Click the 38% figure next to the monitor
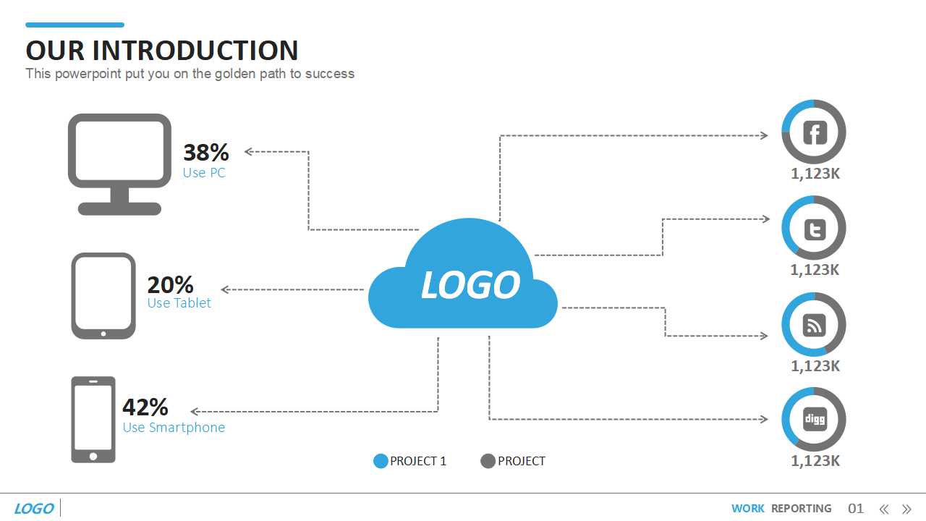click(206, 152)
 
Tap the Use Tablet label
click(179, 302)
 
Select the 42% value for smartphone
click(145, 407)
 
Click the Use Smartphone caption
click(174, 427)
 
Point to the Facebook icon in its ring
click(815, 132)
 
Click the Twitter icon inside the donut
click(815, 229)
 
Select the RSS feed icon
click(814, 325)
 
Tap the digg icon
click(815, 419)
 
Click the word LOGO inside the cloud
click(470, 284)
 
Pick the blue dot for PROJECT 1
click(381, 461)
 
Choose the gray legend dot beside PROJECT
click(488, 461)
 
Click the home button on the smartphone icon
click(93, 457)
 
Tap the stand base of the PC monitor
click(119, 209)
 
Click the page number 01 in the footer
click(855, 508)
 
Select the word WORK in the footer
click(747, 508)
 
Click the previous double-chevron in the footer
click(884, 509)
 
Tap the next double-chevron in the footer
click(906, 509)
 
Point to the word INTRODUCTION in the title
click(195, 51)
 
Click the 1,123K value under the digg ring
click(815, 461)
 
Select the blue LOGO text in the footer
click(34, 508)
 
